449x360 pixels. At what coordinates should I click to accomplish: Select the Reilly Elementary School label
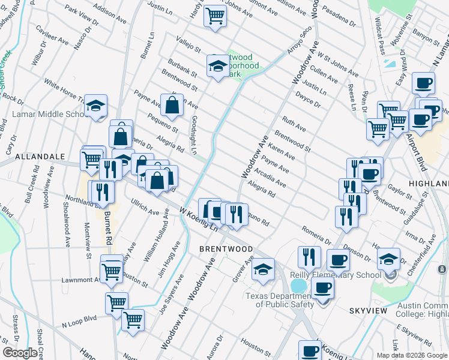[x=336, y=275]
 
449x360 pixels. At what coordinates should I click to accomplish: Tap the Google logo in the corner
[x=19, y=353]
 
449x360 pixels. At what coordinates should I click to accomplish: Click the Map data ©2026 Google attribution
[x=411, y=355]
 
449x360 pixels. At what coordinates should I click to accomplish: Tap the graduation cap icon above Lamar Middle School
[x=95, y=106]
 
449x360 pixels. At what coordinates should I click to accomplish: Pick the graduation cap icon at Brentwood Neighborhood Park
[x=218, y=66]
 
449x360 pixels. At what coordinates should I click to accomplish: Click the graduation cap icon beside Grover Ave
[x=263, y=269]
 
